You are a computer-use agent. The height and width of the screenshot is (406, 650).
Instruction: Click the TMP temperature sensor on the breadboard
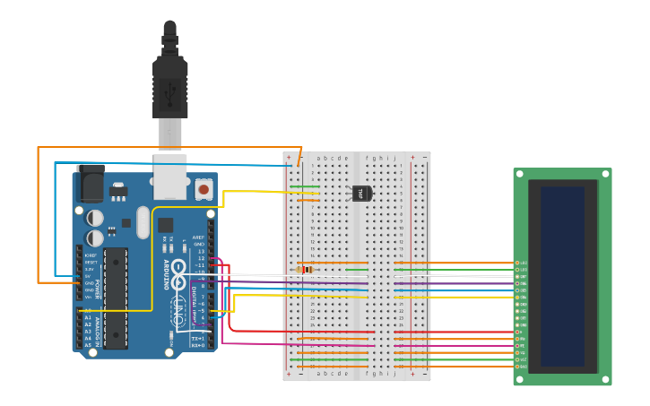coord(360,193)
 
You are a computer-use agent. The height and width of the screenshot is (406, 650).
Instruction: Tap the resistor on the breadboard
coord(305,269)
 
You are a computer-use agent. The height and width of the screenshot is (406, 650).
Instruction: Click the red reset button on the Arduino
coord(204,189)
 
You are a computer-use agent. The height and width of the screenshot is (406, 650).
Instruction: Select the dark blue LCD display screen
coord(562,276)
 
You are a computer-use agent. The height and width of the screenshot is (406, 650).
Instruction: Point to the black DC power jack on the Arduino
coord(90,184)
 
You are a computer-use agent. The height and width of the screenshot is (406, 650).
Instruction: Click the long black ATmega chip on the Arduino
coord(116,298)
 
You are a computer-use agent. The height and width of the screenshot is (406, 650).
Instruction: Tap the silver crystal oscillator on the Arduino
coord(143,221)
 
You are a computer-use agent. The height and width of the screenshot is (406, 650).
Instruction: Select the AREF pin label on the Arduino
coord(198,238)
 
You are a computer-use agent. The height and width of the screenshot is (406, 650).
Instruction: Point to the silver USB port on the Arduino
coord(169,177)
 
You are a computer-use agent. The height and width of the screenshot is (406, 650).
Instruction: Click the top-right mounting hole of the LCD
coord(606,173)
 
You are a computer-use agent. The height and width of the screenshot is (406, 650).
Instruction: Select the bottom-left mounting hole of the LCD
coord(518,380)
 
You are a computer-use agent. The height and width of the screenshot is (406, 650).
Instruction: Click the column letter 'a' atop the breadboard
coord(318,158)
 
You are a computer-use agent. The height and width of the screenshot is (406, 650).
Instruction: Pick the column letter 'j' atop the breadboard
coord(394,158)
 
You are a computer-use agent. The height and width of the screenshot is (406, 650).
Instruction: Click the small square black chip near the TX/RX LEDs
coord(166,225)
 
